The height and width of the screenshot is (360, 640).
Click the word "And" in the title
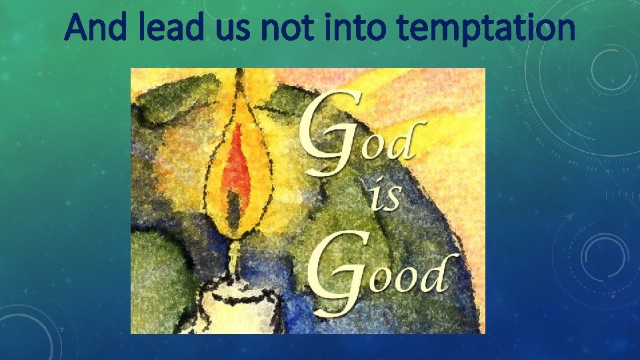tap(93, 28)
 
